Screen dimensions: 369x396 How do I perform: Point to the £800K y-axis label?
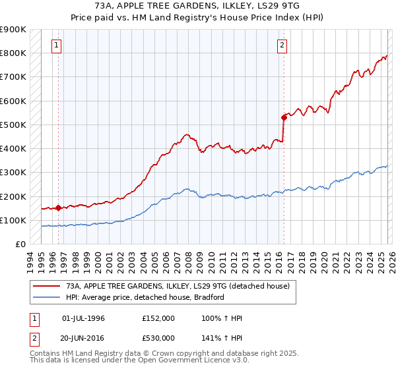coord(13,53)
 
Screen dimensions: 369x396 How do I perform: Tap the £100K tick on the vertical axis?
coord(13,221)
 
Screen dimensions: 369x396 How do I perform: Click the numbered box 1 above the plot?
coord(57,45)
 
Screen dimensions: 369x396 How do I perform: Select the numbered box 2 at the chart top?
coord(282,45)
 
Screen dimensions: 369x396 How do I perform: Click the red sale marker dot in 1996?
coord(58,208)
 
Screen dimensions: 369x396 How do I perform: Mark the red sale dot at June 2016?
coord(284,118)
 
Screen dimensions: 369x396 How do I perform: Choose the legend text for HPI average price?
coord(145,297)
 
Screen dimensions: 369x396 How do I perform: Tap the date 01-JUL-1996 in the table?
coord(83,318)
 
